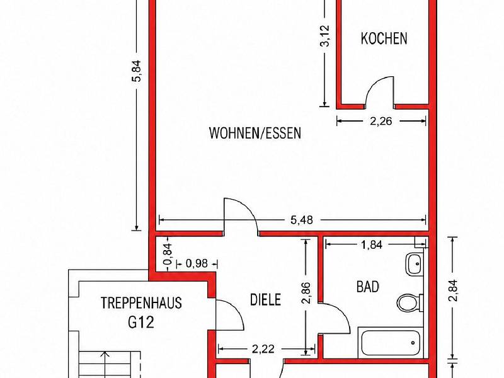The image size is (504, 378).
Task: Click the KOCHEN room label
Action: tap(384, 38)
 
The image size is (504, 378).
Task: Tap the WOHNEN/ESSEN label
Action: tap(255, 133)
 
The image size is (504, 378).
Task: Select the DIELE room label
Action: tap(265, 300)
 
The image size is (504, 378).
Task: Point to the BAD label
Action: tap(368, 287)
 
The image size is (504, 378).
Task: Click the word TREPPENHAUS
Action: tap(141, 303)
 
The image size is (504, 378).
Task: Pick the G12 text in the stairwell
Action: tap(141, 322)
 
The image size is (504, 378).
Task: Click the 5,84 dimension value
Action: tap(137, 71)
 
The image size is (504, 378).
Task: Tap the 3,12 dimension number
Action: tap(324, 36)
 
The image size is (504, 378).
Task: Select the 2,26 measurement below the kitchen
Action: tap(381, 121)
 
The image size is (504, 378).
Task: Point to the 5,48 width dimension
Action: tap(302, 220)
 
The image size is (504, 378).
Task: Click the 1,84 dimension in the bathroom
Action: tap(371, 245)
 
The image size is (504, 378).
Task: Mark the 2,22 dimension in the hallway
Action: tap(263, 349)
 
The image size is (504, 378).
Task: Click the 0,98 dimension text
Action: tap(197, 264)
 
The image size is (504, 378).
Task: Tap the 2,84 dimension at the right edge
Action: tap(452, 290)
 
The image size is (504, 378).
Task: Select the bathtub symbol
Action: tap(391, 343)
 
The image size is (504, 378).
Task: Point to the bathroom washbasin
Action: tap(415, 264)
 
